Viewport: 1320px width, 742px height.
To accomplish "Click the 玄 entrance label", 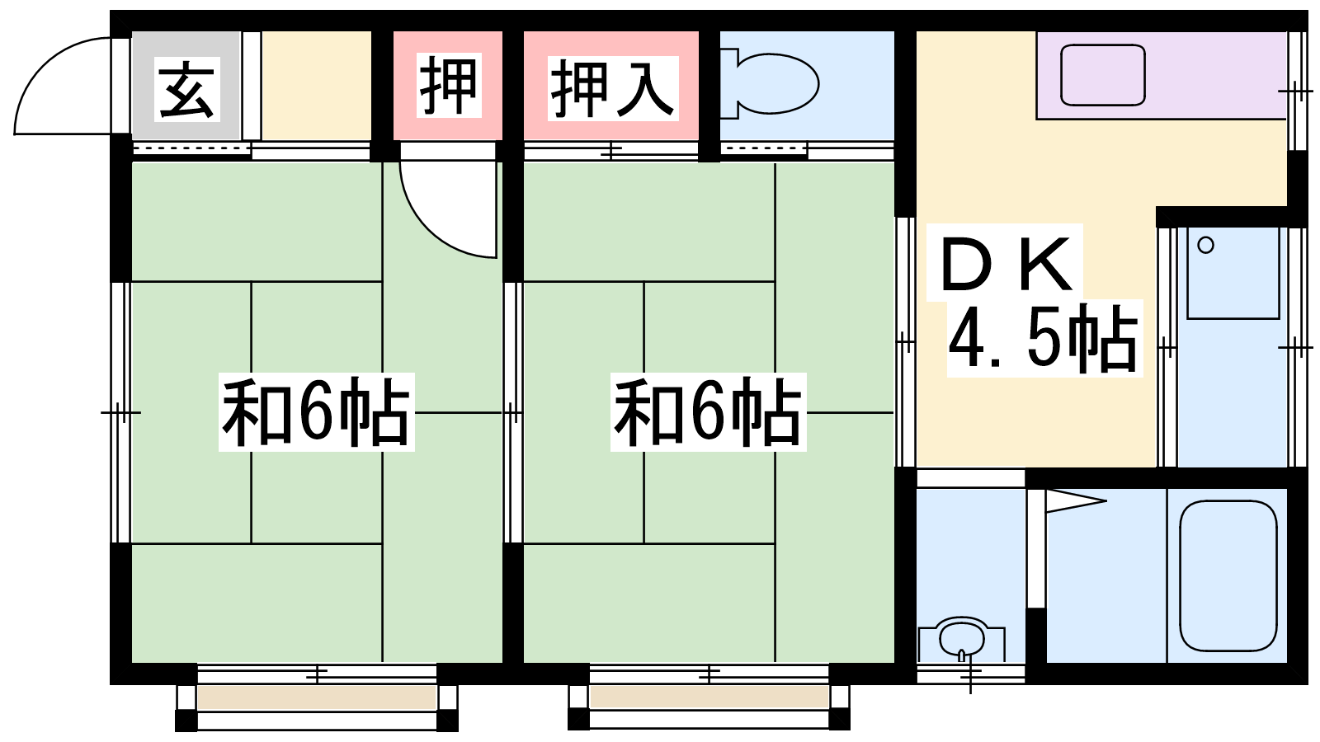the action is tap(186, 89).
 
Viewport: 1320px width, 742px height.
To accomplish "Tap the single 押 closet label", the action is tap(449, 85).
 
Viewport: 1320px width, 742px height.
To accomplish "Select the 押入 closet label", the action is tap(613, 88).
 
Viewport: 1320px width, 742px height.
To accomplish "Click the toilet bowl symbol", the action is tap(770, 83).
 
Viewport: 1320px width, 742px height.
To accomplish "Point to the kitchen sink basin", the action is tap(1102, 75).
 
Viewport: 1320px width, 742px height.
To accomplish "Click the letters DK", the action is tap(1006, 264).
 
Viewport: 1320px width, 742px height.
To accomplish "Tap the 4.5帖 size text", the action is tap(1044, 339).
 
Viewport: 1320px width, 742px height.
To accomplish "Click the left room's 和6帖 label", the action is tap(317, 412).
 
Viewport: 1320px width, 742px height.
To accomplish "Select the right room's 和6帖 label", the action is tap(709, 412).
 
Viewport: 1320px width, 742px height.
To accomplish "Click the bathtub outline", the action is tap(1228, 576).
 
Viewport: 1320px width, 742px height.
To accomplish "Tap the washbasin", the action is tap(961, 640).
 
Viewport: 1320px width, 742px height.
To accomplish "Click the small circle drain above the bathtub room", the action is tap(1205, 245).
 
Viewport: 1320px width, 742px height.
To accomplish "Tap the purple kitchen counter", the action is tap(1161, 75).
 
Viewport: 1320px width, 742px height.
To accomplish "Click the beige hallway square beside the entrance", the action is tap(317, 86).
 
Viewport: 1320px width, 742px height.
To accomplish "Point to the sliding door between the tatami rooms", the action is tap(512, 412).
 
